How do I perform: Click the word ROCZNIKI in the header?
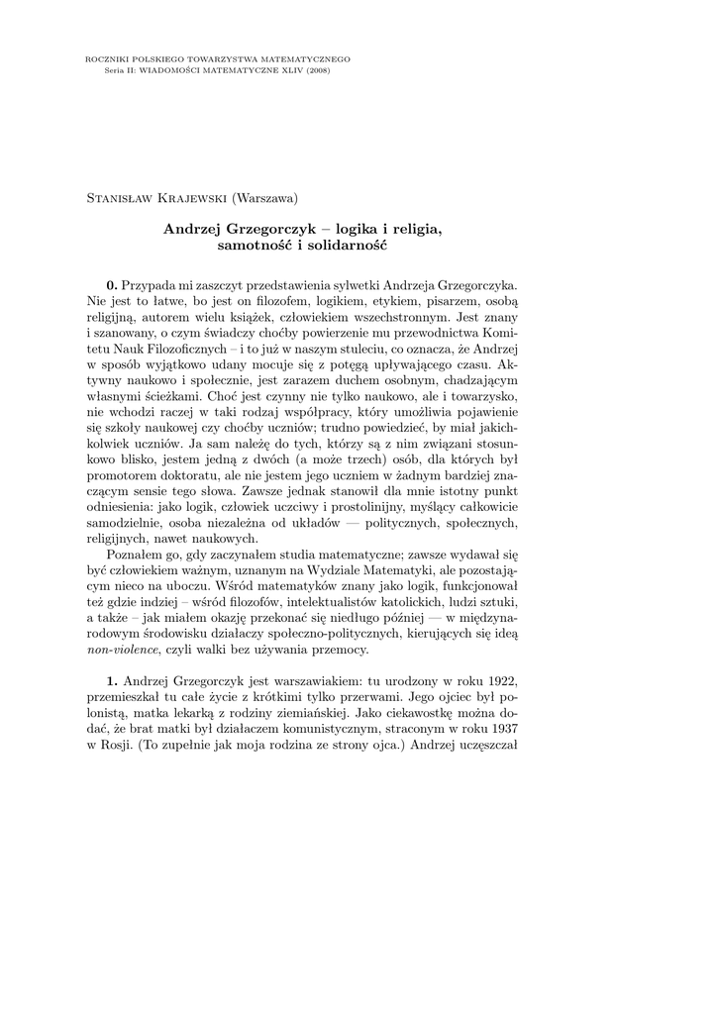pyautogui.click(x=107, y=59)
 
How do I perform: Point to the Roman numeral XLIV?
pyautogui.click(x=286, y=70)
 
